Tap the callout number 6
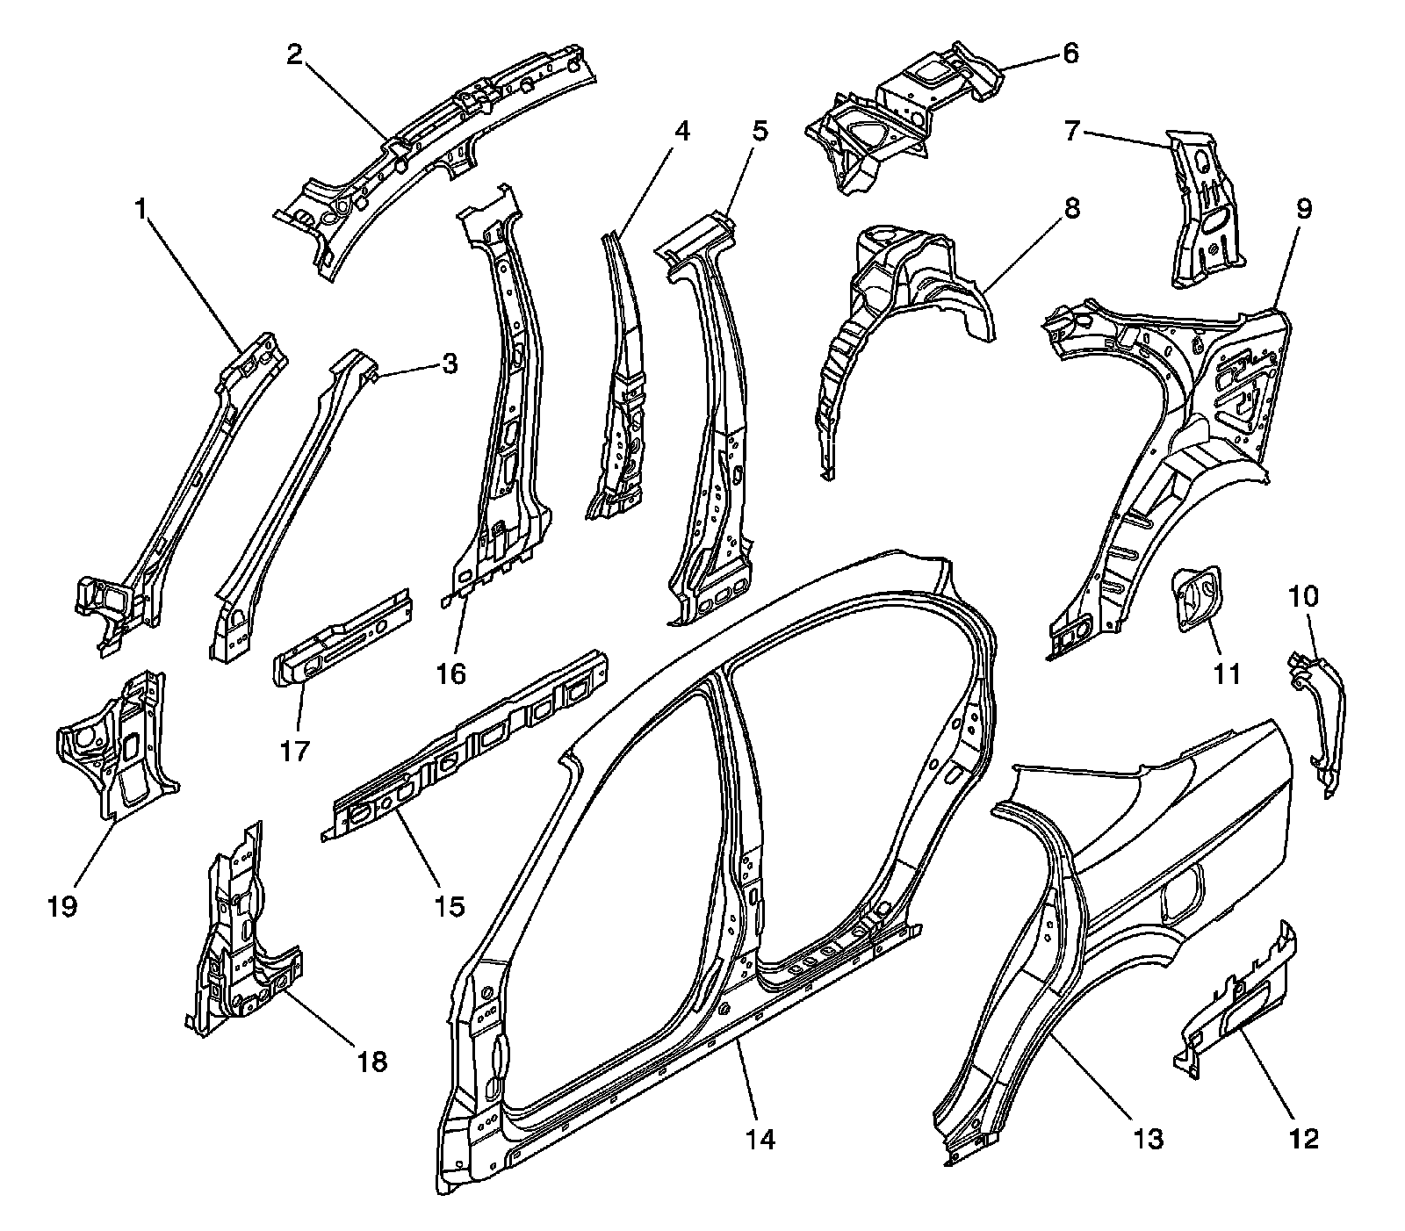tap(1070, 54)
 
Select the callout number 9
tap(1303, 209)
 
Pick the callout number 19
tap(63, 905)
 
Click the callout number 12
tap(1304, 1139)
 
